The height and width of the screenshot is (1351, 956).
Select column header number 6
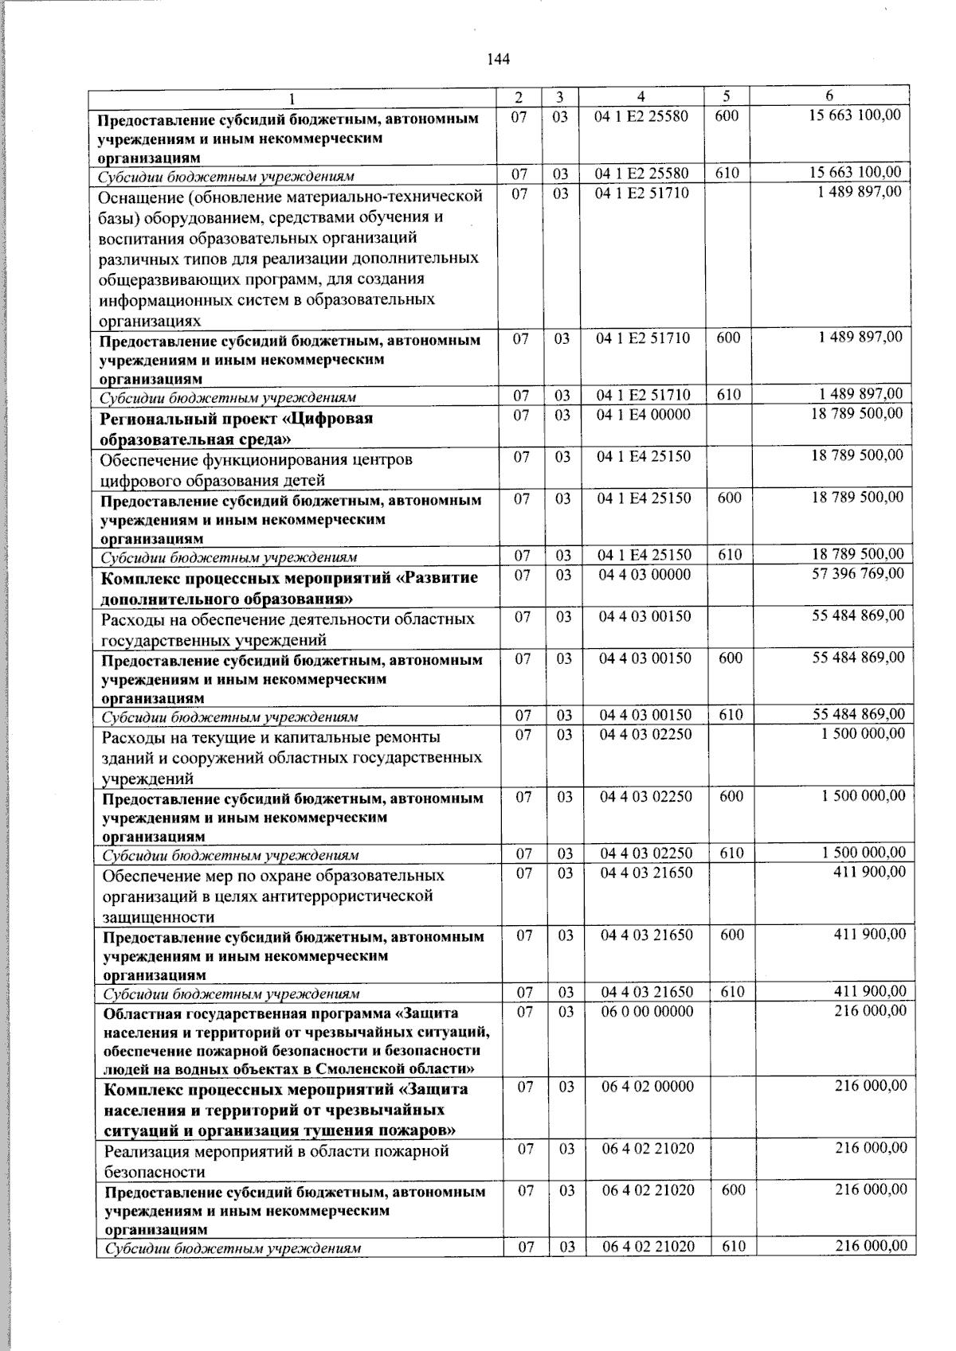[829, 96]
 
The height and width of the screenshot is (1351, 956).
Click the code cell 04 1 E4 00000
[644, 414]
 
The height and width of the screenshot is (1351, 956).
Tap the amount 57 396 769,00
[857, 573]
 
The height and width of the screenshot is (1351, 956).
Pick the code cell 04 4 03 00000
[645, 574]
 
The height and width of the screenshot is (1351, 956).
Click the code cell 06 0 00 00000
[647, 1011]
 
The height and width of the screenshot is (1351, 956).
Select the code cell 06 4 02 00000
[648, 1086]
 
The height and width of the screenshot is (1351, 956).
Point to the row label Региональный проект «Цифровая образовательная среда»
[237, 428]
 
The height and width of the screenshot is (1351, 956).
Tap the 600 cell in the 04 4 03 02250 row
[731, 796]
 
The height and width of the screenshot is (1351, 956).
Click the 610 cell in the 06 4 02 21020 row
[734, 1247]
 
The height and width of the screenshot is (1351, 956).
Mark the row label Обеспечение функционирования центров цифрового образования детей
[257, 469]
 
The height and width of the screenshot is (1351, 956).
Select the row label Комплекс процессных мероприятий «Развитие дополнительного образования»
[289, 588]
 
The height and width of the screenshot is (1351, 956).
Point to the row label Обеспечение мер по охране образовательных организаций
[273, 896]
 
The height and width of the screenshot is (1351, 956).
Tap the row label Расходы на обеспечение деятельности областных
[288, 629]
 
